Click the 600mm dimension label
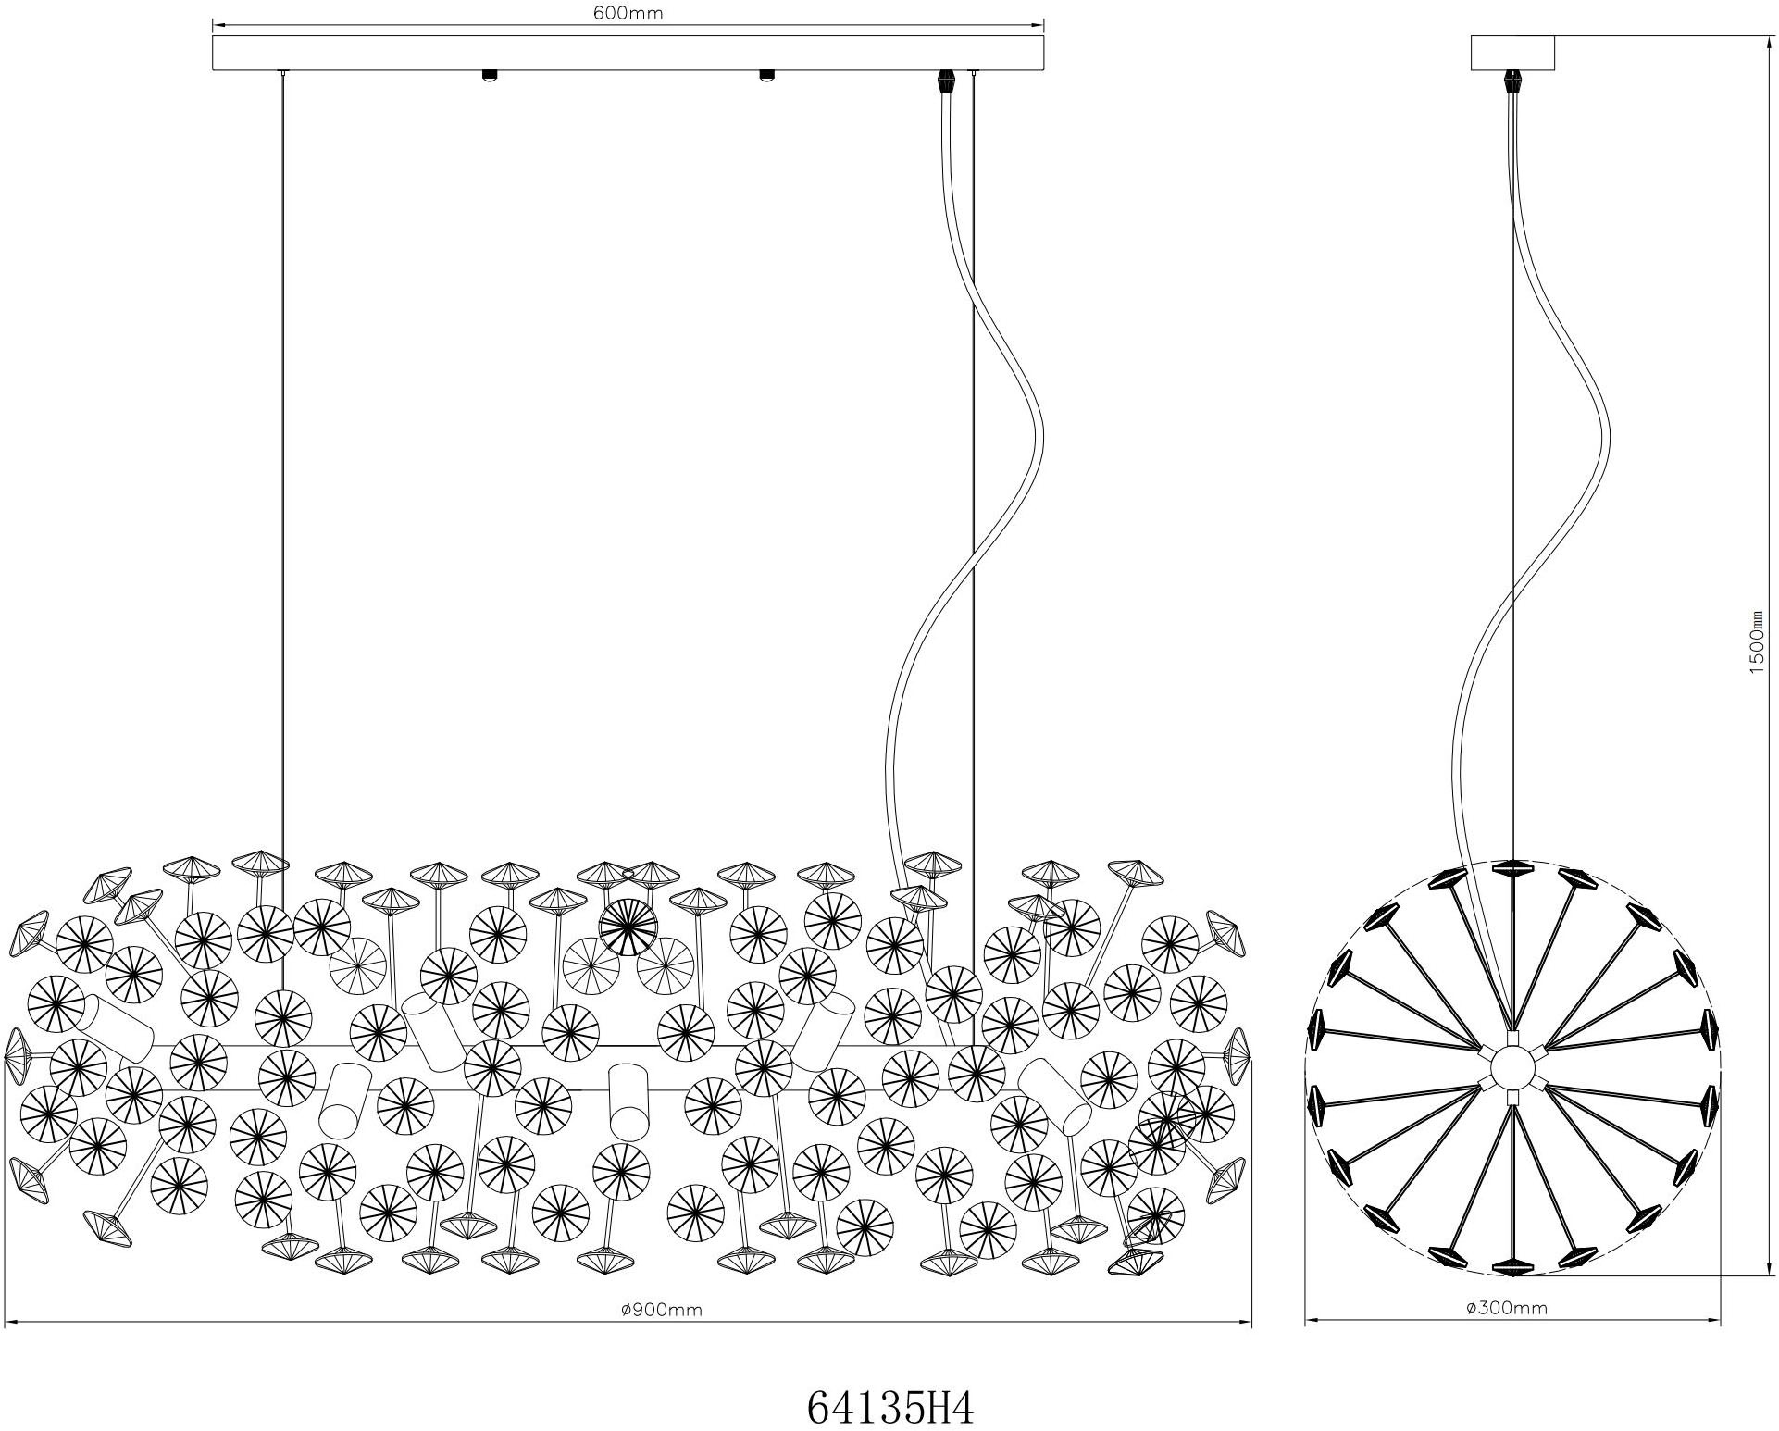[629, 13]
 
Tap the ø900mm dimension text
[662, 1309]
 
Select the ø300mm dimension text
[1507, 1308]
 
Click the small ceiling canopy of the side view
[1512, 53]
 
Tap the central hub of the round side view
[1512, 1068]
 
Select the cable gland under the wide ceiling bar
[946, 81]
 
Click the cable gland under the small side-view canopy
[1512, 81]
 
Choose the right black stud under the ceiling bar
[766, 75]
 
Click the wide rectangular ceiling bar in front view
[628, 53]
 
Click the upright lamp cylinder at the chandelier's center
[628, 1101]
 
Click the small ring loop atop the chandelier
[629, 871]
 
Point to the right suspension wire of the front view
[974, 555]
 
